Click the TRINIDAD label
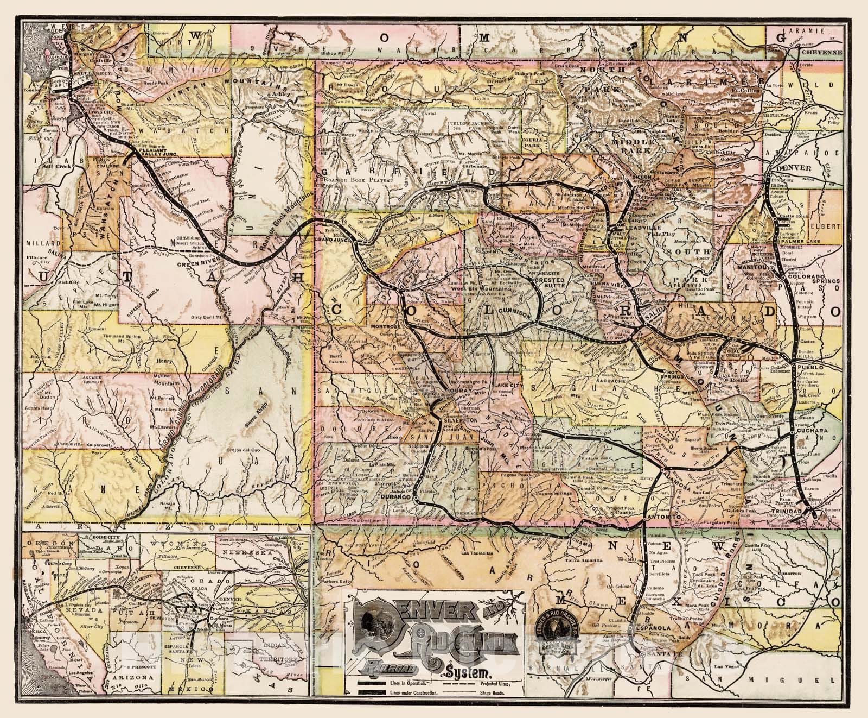(787, 512)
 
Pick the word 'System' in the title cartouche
(469, 669)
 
